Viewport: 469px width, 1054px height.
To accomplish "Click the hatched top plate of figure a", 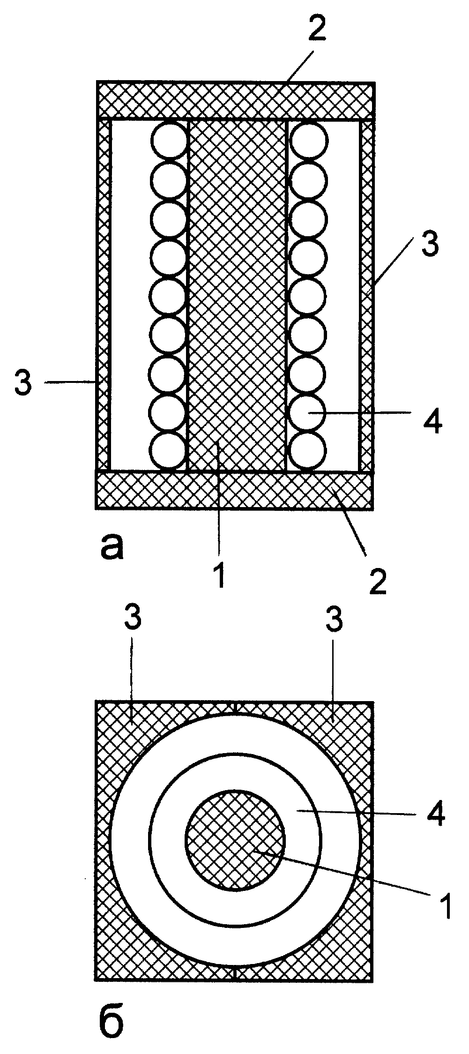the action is click(235, 101).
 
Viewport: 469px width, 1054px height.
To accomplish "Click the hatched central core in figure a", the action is click(237, 295).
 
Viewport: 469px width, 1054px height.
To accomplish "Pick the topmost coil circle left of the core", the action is click(169, 140).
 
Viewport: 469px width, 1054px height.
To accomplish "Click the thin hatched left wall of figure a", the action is click(104, 295).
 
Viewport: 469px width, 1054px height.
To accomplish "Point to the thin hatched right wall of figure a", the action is click(367, 295).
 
